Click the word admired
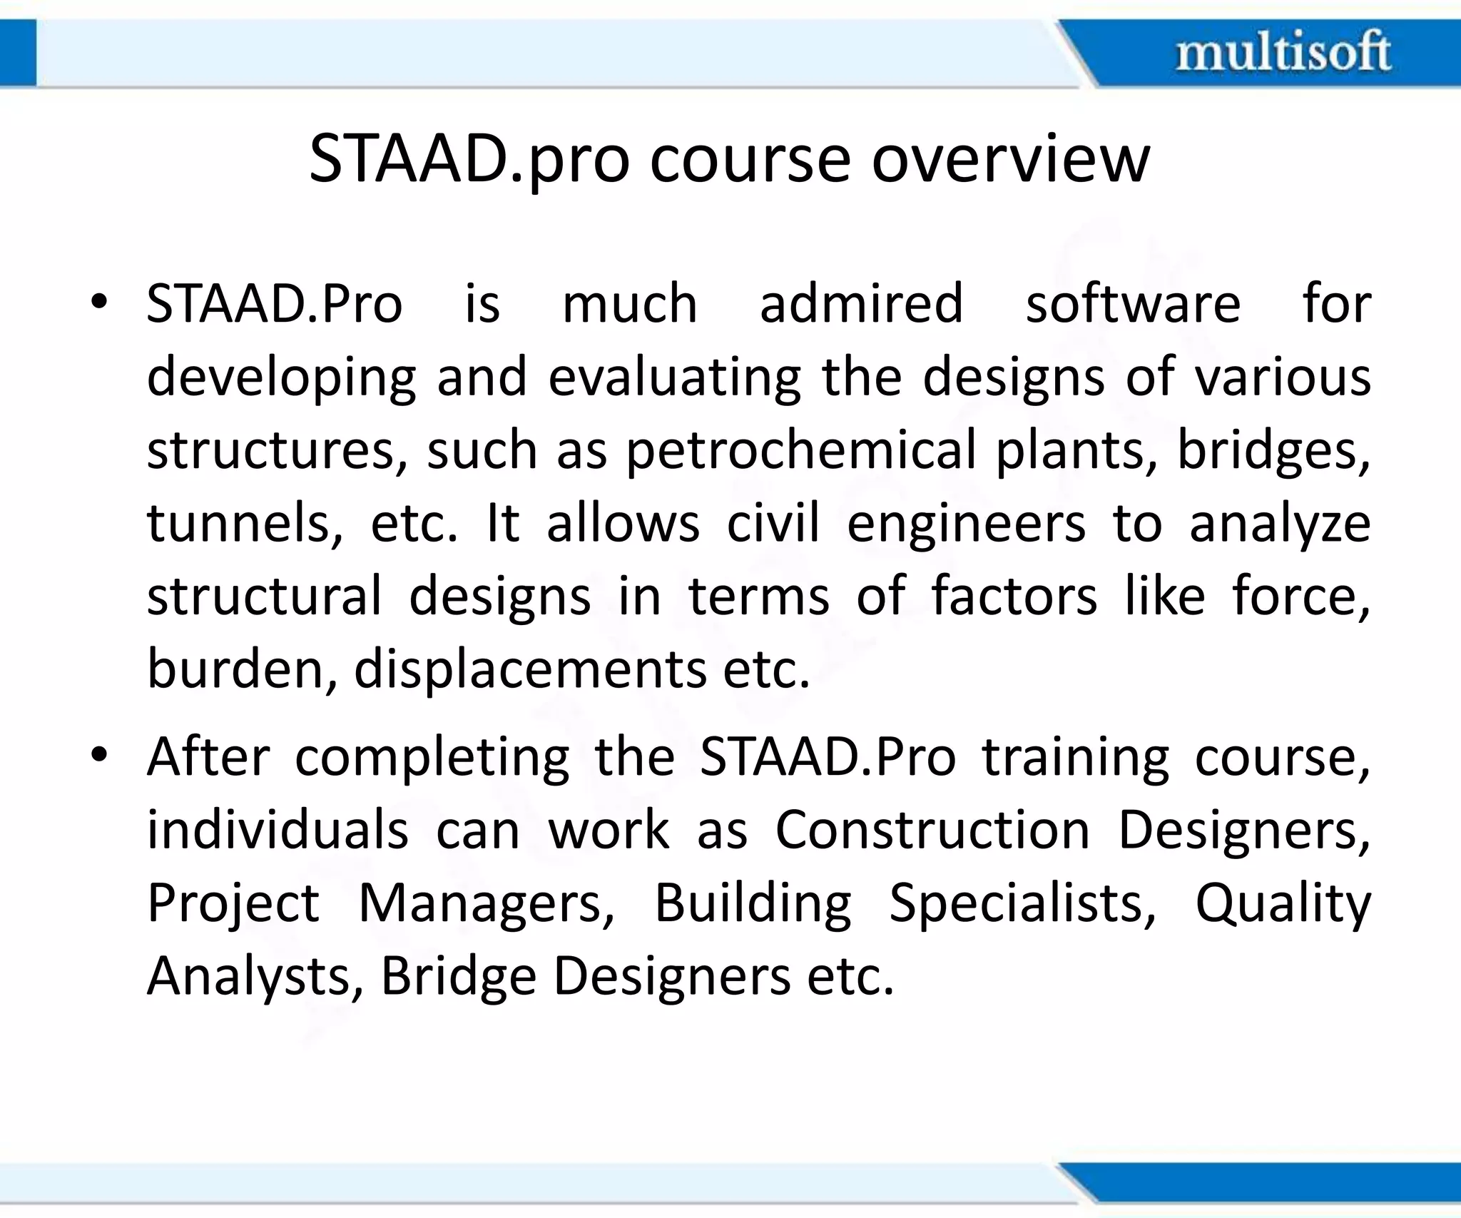[861, 304]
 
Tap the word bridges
[1273, 451]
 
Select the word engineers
[966, 525]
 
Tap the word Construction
[932, 830]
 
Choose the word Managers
[486, 903]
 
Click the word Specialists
[1022, 903]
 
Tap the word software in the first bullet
[1133, 304]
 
